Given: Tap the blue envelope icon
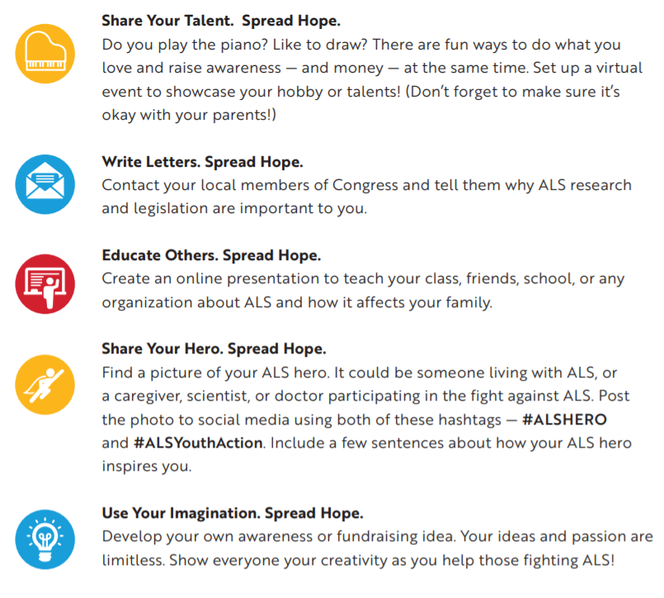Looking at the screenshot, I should (45, 183).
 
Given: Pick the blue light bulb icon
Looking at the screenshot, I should (45, 538).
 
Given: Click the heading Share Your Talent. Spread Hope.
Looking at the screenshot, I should (220, 19).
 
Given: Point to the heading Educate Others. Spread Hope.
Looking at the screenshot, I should (211, 255).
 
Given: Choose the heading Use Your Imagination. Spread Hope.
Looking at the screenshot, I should (233, 513).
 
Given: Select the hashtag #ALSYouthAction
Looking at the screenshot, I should (198, 444).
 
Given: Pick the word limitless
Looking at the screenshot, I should (132, 560).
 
